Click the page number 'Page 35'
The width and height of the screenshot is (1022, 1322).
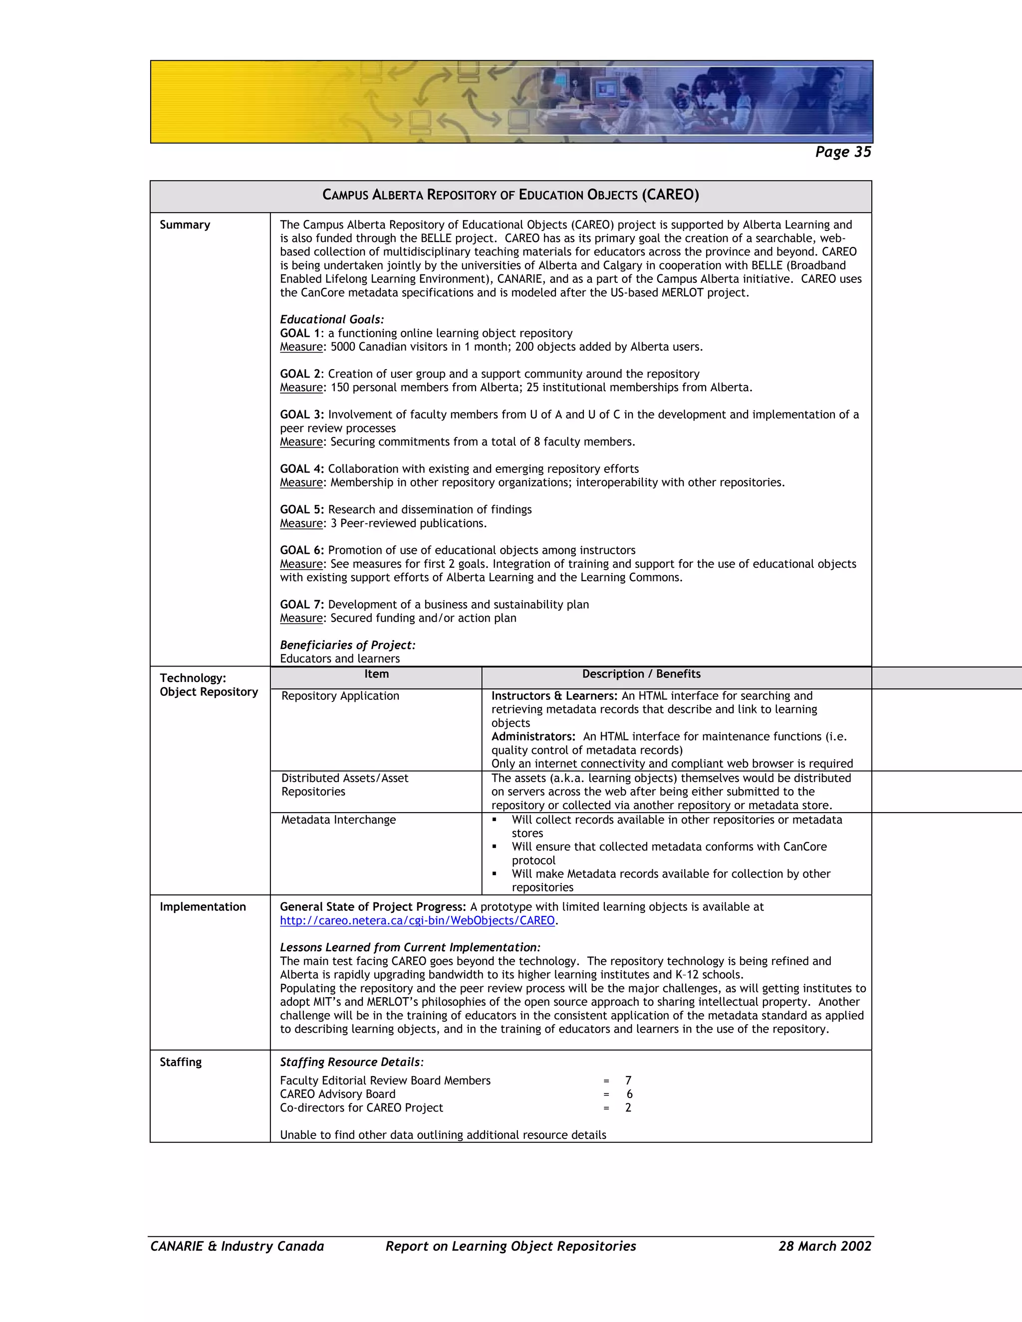(x=843, y=152)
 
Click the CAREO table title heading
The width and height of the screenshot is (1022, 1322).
(x=511, y=195)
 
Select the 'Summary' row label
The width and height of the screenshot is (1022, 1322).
(x=185, y=224)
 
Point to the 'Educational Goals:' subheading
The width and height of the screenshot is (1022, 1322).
(x=332, y=320)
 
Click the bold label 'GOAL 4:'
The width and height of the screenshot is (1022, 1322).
(x=301, y=469)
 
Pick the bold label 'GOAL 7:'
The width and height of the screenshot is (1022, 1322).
(x=301, y=605)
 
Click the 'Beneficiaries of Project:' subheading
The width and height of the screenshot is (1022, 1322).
(x=347, y=645)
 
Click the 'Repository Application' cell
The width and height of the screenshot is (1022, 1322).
(x=340, y=696)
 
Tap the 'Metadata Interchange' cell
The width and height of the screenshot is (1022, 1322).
(x=338, y=820)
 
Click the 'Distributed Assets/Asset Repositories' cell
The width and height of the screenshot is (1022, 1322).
(x=344, y=785)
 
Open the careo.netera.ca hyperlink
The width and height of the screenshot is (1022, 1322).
(x=417, y=921)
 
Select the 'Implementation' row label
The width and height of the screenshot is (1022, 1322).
(x=203, y=907)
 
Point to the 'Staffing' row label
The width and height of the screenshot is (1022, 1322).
(x=181, y=1062)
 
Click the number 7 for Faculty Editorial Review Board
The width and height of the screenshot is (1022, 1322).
(x=628, y=1081)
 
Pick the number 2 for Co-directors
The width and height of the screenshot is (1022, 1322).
(x=628, y=1107)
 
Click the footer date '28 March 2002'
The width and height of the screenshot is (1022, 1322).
(x=824, y=1246)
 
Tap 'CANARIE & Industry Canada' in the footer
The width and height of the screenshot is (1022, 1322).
(x=237, y=1246)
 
